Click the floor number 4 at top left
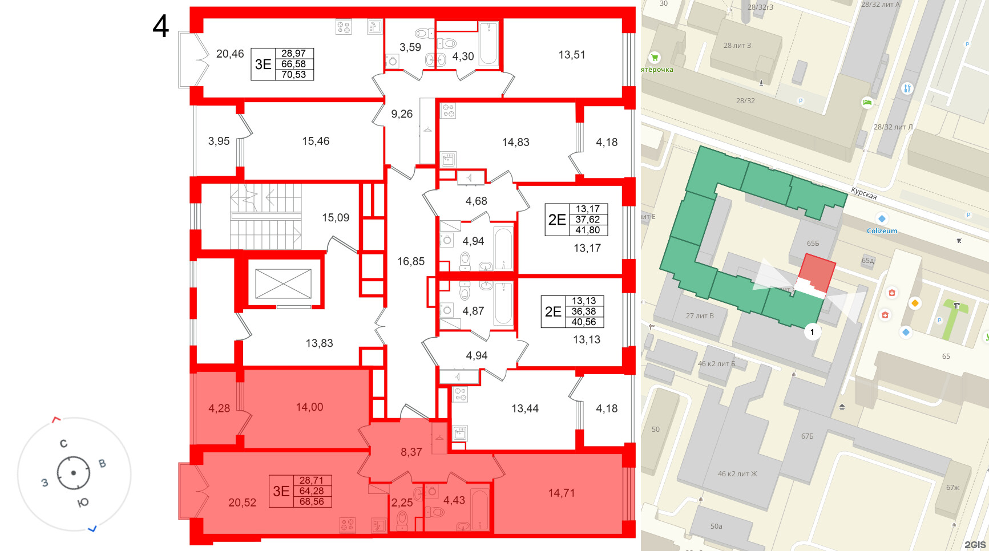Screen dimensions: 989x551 click(161, 26)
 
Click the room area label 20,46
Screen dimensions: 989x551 click(230, 54)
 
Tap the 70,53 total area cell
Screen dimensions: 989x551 click(293, 75)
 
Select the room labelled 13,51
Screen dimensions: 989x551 click(571, 55)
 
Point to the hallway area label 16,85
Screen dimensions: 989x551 click(411, 261)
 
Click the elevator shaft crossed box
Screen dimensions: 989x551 click(283, 283)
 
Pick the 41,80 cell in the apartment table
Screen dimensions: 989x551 click(587, 230)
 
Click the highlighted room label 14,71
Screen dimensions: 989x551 click(561, 493)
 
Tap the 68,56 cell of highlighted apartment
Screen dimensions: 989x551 click(312, 502)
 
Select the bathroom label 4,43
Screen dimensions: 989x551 click(454, 500)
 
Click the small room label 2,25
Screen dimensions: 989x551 click(402, 503)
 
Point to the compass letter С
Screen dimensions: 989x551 click(63, 443)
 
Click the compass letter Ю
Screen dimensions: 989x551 click(83, 503)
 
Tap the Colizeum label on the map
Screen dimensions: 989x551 click(882, 231)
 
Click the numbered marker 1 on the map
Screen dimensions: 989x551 click(812, 331)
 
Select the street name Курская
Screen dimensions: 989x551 click(863, 193)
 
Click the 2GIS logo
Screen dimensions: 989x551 click(975, 545)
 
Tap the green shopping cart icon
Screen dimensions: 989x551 click(655, 58)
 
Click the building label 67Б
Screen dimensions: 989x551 click(807, 436)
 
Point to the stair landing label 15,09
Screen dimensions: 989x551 click(336, 217)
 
